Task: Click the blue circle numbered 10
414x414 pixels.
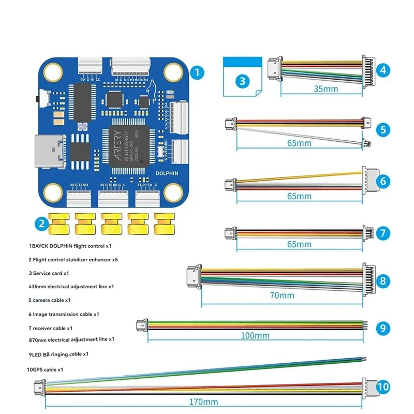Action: click(x=382, y=387)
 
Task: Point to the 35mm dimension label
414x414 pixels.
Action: click(x=326, y=89)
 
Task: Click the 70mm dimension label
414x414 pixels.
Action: click(x=282, y=295)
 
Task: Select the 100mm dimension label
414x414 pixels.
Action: click(x=256, y=335)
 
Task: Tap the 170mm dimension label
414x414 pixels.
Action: click(x=203, y=402)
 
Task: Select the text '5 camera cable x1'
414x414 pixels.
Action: click(x=50, y=300)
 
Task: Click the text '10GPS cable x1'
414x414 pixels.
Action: click(x=46, y=369)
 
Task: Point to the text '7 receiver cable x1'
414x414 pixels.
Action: click(x=50, y=328)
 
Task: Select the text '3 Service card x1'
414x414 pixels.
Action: click(x=50, y=272)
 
